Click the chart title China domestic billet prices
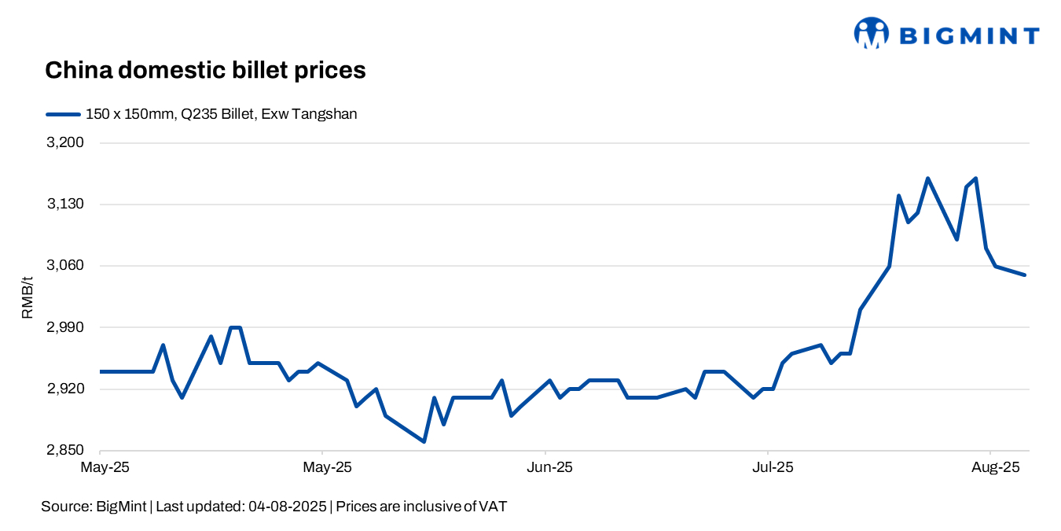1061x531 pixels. pos(205,70)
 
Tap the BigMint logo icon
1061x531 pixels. pos(871,34)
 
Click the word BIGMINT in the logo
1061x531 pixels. pos(968,35)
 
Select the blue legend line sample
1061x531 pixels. pos(63,114)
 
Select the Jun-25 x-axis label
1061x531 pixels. pos(549,467)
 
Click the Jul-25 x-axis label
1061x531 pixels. pos(771,467)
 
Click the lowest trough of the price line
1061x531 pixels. pos(424,441)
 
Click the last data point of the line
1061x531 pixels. pos(1025,275)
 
